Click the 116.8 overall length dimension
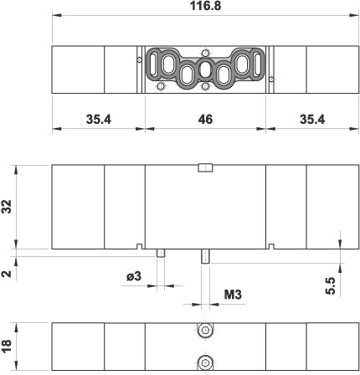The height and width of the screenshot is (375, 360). [x=205, y=6]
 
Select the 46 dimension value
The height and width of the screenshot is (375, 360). [x=205, y=120]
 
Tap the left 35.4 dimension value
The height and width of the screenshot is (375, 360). [x=99, y=120]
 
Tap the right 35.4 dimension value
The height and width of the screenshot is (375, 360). [x=312, y=120]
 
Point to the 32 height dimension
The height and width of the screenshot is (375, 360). [x=7, y=207]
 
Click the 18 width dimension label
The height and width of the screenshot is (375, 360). [x=7, y=346]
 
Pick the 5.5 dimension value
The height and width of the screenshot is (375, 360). [x=330, y=285]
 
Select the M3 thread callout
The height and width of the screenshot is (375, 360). [x=233, y=295]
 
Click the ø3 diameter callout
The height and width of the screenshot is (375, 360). [x=134, y=276]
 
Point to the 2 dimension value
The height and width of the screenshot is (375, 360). [x=7, y=274]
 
